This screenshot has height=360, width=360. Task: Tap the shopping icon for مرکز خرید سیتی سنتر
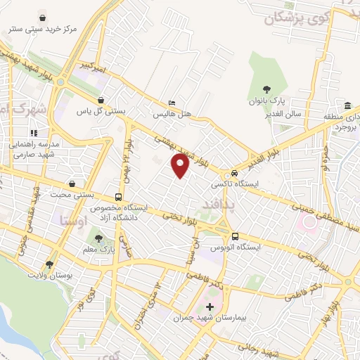44,17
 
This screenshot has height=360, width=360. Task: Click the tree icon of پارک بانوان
266,89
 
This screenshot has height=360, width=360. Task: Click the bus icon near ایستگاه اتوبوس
235,236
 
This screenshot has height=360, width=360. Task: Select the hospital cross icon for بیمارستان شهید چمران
210,307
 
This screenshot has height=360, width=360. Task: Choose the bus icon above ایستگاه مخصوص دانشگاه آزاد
119,197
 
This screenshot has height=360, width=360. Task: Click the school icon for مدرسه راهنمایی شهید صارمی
33,132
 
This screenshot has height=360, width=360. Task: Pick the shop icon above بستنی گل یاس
101,100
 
